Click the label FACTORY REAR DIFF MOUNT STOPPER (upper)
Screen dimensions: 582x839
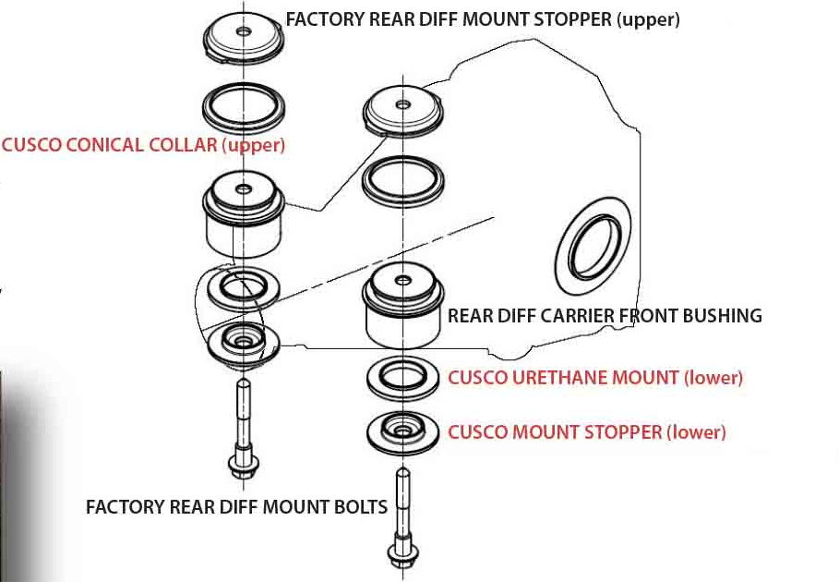(x=483, y=19)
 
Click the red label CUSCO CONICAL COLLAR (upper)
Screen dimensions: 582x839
(x=143, y=145)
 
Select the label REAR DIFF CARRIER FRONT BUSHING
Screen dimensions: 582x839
(x=605, y=316)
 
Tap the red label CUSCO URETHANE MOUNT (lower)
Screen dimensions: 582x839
(x=595, y=378)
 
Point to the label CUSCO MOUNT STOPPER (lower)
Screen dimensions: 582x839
(x=587, y=431)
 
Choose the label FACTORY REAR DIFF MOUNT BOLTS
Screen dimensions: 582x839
(x=236, y=507)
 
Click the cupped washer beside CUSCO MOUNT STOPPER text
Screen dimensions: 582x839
(x=402, y=430)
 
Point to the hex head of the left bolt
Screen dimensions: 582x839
(x=242, y=465)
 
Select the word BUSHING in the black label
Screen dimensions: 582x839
(x=723, y=316)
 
